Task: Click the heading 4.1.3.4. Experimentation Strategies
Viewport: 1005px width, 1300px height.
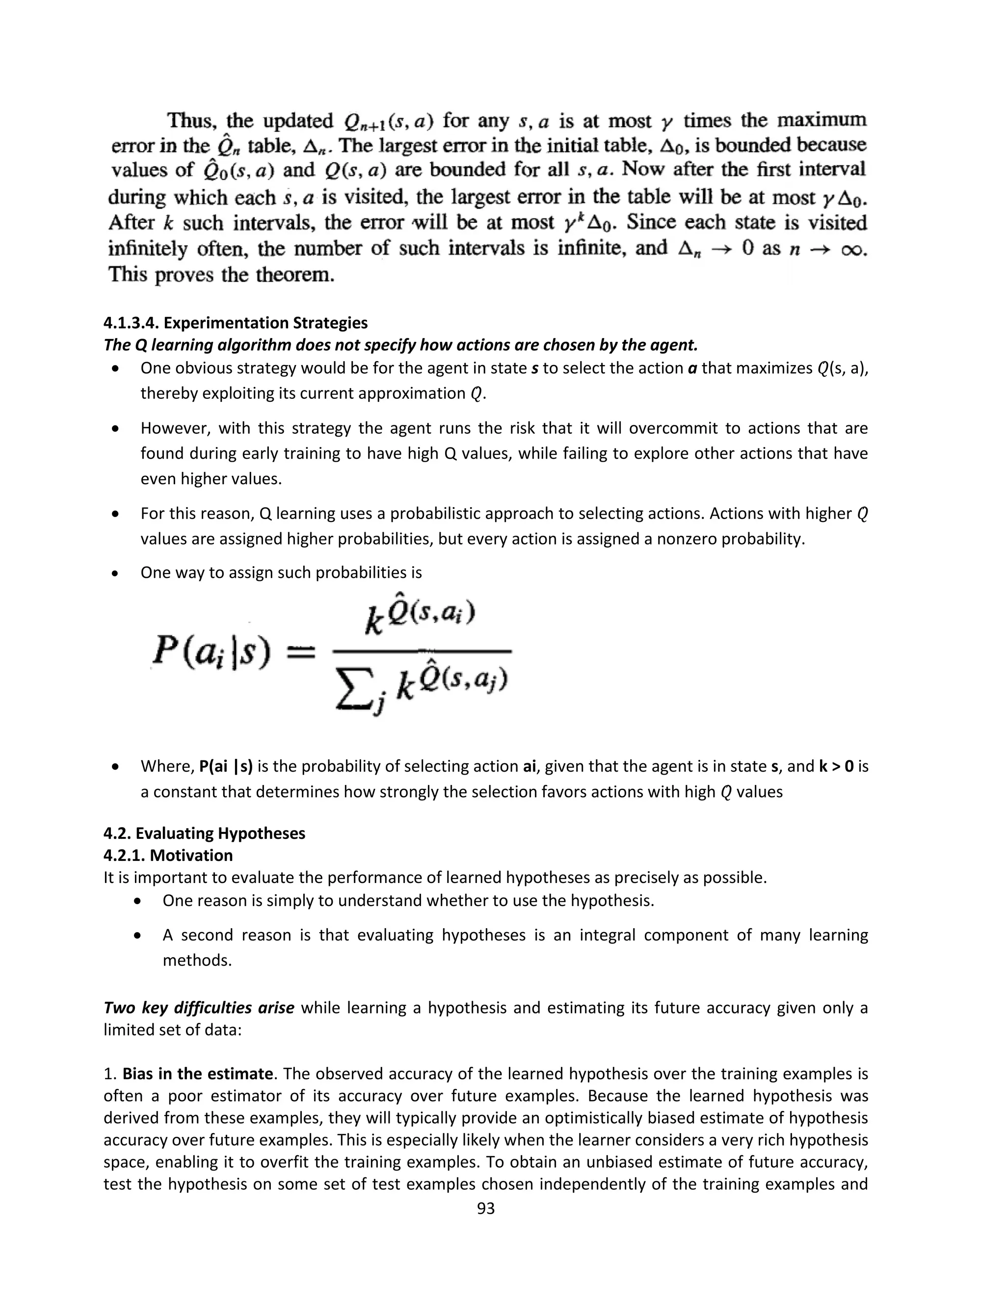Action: [x=235, y=323]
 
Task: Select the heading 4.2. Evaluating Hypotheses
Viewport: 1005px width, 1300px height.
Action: [x=204, y=833]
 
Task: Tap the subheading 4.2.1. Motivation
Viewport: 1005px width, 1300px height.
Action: [x=168, y=856]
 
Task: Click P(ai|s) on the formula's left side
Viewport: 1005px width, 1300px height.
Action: [x=212, y=652]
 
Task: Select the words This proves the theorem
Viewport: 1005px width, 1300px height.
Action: [x=221, y=275]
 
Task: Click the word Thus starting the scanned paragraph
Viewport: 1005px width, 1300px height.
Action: [x=189, y=121]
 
